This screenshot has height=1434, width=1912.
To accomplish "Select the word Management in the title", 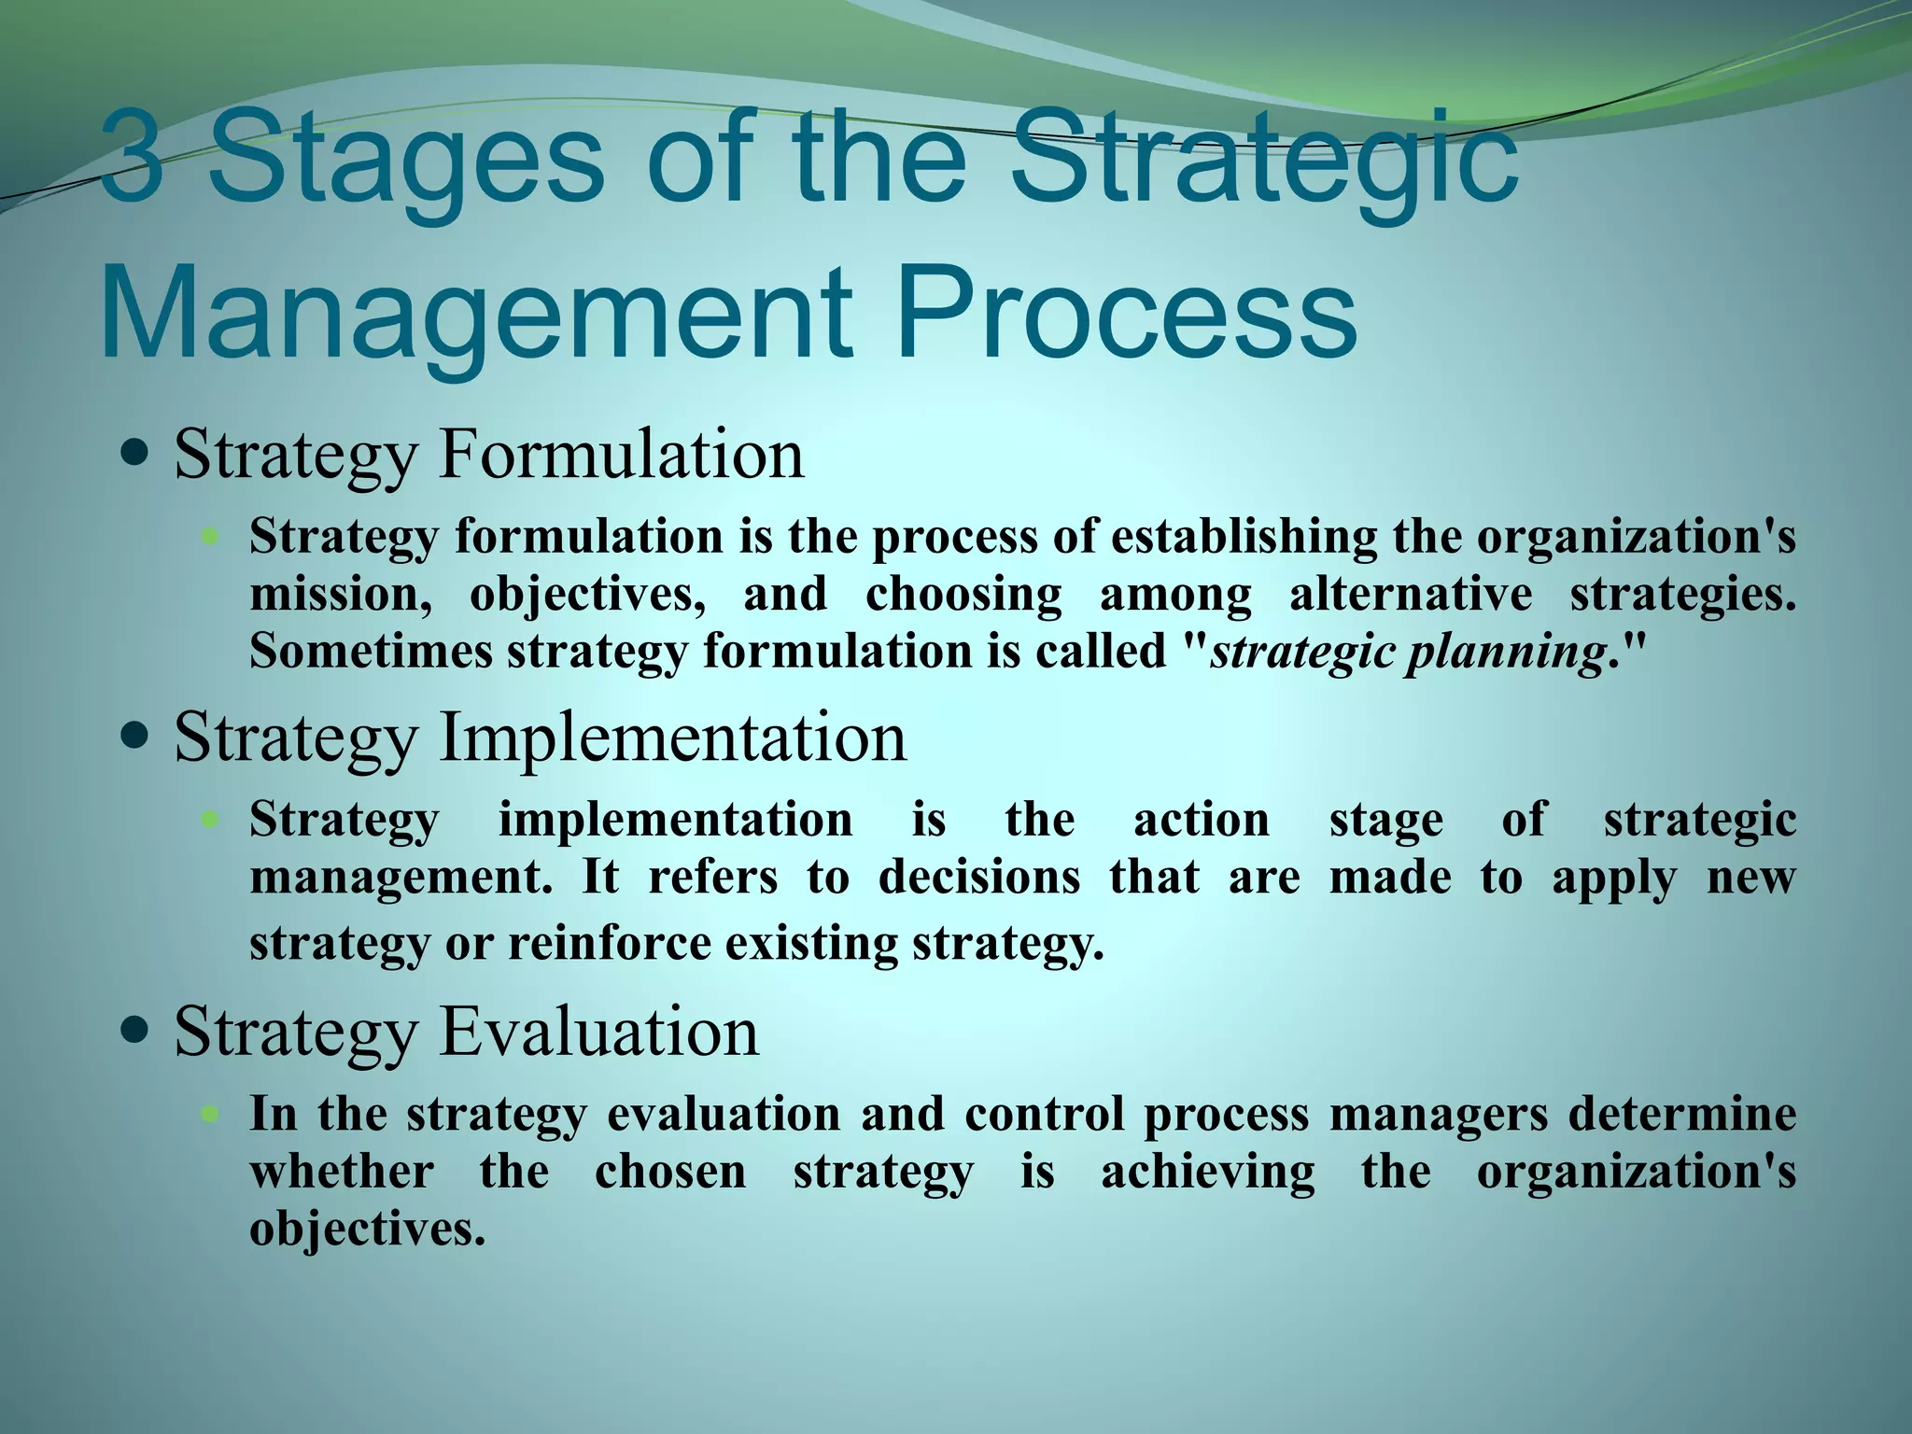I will click(x=476, y=310).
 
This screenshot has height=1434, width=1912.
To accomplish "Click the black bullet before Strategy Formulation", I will click(x=135, y=455).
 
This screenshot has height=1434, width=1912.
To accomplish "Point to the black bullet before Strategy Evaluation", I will click(x=135, y=1031).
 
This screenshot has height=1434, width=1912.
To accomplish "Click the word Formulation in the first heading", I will click(x=621, y=455).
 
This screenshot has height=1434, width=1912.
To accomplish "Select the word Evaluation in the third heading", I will click(x=598, y=1031).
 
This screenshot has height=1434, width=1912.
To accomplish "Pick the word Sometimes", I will click(x=371, y=652).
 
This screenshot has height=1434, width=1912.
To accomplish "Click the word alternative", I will click(x=1410, y=595).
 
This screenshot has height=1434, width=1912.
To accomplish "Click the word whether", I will click(x=341, y=1172).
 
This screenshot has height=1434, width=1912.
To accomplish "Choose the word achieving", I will click(x=1207, y=1172).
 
